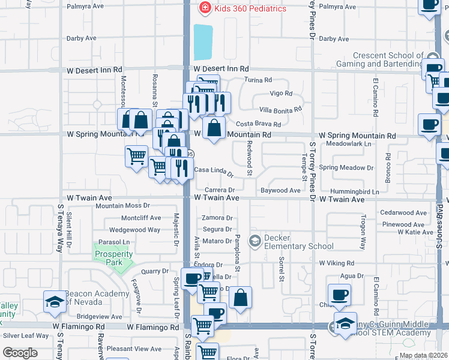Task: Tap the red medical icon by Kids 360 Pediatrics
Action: click(205, 8)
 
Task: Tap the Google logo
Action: click(20, 353)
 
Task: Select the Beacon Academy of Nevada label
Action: click(96, 297)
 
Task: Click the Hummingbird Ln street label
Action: click(358, 191)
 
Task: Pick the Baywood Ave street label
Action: click(280, 191)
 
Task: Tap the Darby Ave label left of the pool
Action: click(82, 38)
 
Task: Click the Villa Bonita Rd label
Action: click(280, 110)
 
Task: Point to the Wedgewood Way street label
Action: click(134, 230)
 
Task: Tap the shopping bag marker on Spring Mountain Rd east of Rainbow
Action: click(214, 128)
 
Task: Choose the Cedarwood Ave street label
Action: click(403, 213)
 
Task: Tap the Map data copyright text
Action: click(423, 355)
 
